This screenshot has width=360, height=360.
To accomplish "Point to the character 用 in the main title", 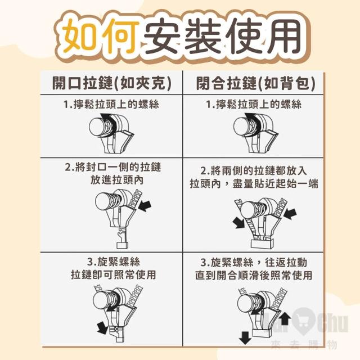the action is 281,35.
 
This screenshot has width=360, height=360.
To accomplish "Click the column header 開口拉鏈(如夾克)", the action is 112,83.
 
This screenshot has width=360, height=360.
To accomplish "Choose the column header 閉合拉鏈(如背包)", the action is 255,83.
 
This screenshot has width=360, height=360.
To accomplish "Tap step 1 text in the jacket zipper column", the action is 111,105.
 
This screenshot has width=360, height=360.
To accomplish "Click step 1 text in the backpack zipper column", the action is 254,105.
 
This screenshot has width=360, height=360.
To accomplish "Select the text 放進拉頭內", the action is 117,180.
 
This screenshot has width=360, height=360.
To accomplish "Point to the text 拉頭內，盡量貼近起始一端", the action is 254,184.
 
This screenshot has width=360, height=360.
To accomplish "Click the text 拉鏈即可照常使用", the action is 114,274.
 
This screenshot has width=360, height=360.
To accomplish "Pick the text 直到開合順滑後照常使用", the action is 254,275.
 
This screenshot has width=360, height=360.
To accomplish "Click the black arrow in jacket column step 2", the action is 145,205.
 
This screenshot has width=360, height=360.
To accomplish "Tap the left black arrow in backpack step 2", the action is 238,222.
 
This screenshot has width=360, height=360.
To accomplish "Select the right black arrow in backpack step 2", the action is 290,214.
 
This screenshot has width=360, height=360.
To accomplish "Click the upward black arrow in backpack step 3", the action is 285,319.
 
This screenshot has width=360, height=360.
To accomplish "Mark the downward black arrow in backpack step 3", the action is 245,337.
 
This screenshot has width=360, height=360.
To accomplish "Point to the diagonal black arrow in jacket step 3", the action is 102,327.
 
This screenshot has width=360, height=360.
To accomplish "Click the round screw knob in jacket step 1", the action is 97,127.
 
